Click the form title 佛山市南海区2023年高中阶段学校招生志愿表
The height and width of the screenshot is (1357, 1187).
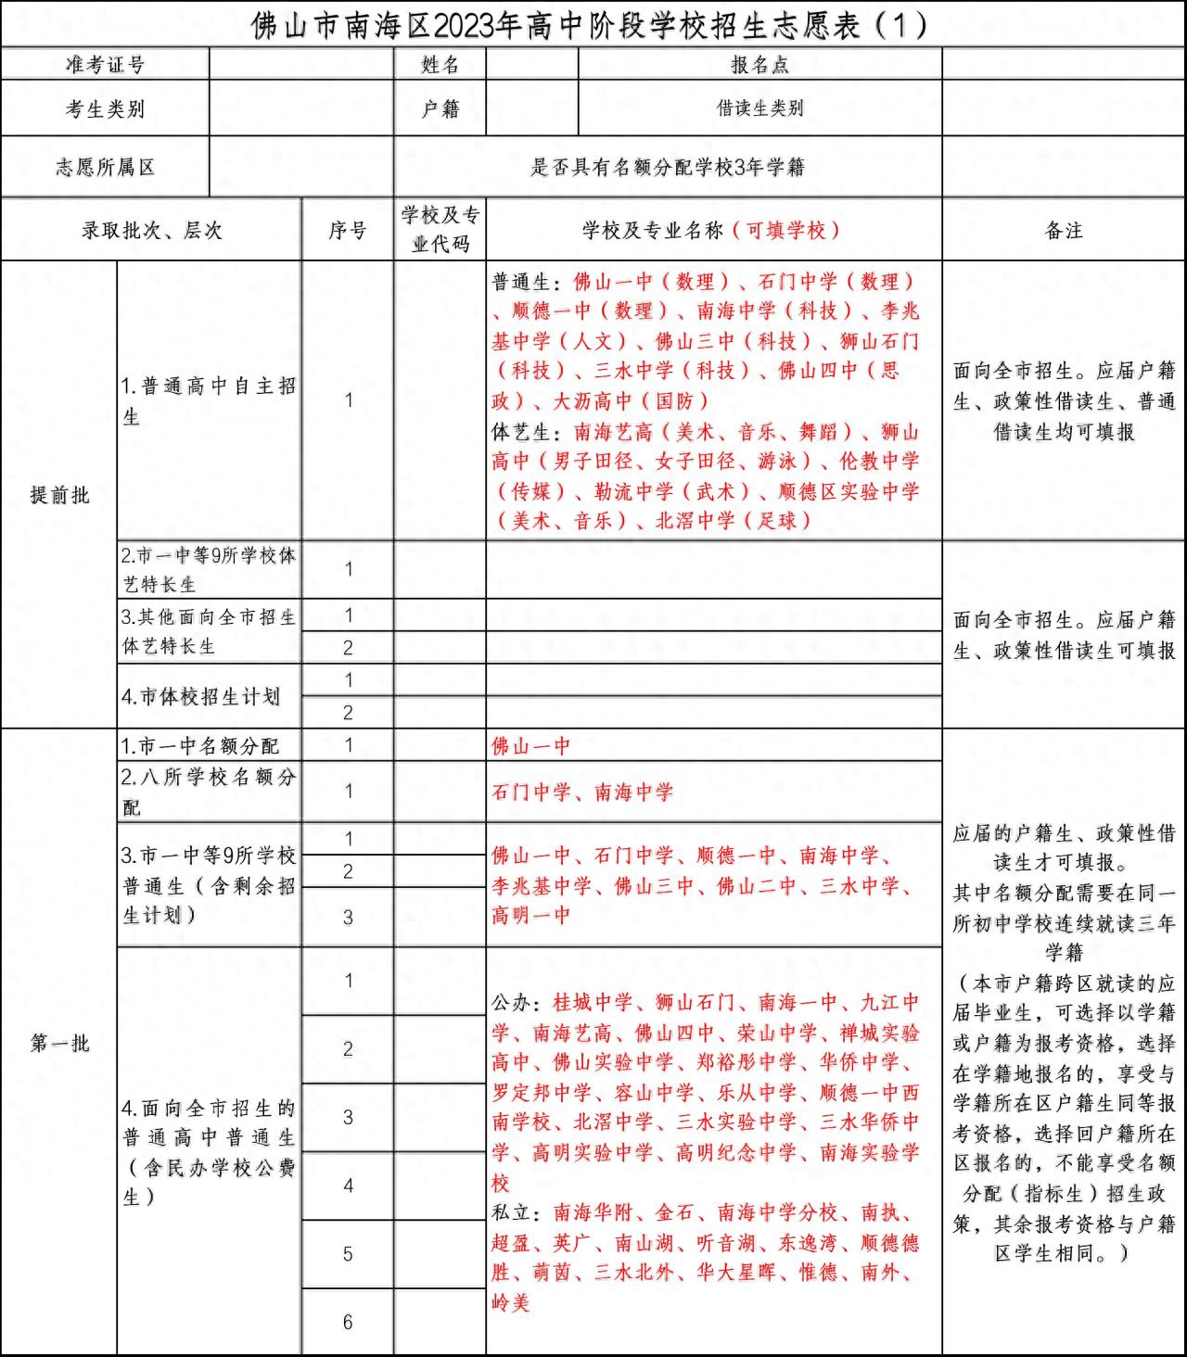tap(590, 25)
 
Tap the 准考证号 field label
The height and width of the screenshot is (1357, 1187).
tap(105, 64)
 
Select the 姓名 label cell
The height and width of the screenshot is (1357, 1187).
tap(440, 64)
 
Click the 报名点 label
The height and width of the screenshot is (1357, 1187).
tap(759, 64)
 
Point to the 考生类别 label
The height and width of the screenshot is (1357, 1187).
tap(105, 108)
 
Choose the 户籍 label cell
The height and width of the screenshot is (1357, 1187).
tap(440, 108)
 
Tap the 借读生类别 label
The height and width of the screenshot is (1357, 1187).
tap(759, 108)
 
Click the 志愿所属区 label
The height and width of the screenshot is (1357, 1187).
tap(105, 167)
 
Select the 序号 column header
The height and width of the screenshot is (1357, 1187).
tap(348, 230)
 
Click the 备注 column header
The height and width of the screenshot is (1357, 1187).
tap(1064, 230)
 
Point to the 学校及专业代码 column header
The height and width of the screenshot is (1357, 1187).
tap(440, 229)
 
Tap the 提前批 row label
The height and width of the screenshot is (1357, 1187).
tap(59, 495)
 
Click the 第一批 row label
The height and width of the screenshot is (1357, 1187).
tap(59, 1043)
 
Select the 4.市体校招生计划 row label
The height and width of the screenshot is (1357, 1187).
tap(200, 696)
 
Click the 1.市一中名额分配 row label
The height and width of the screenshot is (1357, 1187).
tap(200, 746)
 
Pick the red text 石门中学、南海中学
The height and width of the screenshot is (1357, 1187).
tap(582, 793)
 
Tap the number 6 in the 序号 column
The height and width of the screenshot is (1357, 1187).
tap(348, 1322)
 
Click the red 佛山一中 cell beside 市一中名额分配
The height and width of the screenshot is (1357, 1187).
tap(531, 746)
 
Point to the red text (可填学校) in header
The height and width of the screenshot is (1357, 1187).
tap(786, 230)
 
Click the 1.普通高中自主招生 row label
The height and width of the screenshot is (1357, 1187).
tap(209, 400)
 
